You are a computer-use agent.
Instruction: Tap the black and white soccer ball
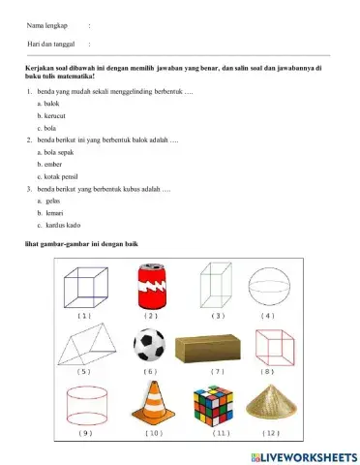pyautogui.click(x=150, y=345)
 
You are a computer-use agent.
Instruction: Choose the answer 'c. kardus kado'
pyautogui.click(x=60, y=226)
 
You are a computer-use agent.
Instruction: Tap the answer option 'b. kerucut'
pyautogui.click(x=52, y=115)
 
